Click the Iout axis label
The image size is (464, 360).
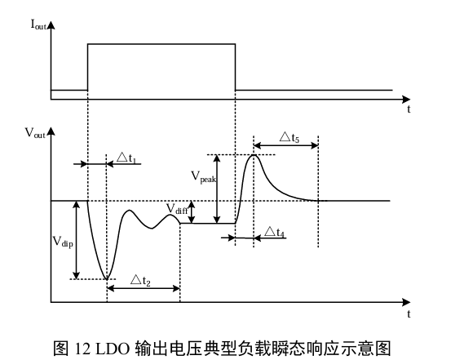[38, 24]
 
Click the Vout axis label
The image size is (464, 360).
[35, 133]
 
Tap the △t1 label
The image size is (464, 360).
[126, 158]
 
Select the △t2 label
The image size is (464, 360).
[140, 280]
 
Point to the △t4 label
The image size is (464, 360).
[274, 232]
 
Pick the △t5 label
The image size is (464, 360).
[289, 137]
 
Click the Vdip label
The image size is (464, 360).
[63, 242]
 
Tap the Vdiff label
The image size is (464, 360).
[177, 209]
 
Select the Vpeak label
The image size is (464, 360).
[204, 177]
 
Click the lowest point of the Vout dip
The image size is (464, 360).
[107, 279]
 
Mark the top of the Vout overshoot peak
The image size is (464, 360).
[254, 155]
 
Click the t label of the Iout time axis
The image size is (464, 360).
[409, 109]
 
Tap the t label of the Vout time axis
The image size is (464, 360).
[409, 313]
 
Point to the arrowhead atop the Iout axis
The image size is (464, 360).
[51, 24]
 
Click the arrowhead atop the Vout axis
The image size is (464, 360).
[51, 131]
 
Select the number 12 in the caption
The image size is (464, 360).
[82, 349]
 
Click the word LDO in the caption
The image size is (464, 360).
[113, 349]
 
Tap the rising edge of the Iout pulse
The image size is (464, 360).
[87, 67]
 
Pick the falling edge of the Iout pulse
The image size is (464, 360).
[235, 67]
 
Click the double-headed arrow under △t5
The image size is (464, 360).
[286, 145]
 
